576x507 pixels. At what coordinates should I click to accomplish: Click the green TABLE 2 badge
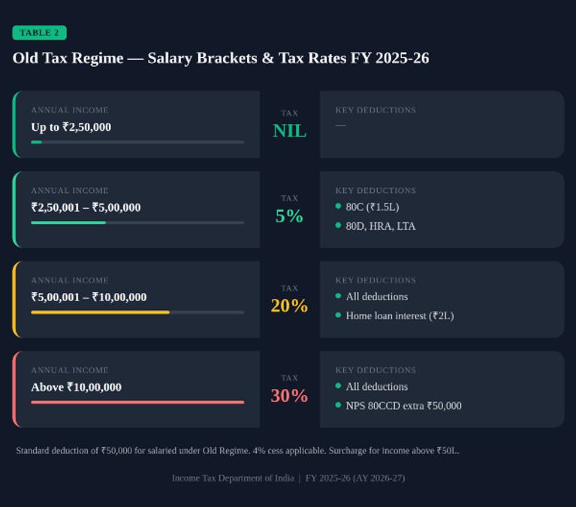pyautogui.click(x=39, y=33)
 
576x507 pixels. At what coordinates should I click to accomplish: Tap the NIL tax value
pyautogui.click(x=289, y=131)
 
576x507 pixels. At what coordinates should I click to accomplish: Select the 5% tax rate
pyautogui.click(x=289, y=216)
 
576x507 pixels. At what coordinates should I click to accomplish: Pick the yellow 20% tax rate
pyautogui.click(x=289, y=306)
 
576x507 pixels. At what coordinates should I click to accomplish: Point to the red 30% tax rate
pyautogui.click(x=289, y=396)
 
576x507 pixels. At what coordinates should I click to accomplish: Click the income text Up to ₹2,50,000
pyautogui.click(x=71, y=127)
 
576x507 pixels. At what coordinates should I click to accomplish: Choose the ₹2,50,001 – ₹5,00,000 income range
pyautogui.click(x=86, y=207)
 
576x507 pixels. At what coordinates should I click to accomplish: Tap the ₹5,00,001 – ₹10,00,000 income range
pyautogui.click(x=89, y=297)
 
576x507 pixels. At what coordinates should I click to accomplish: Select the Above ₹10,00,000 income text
pyautogui.click(x=76, y=388)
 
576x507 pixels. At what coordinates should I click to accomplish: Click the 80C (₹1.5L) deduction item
pyautogui.click(x=372, y=207)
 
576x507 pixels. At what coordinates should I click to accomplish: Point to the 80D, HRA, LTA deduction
pyautogui.click(x=381, y=226)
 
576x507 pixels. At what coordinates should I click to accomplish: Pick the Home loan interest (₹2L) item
pyautogui.click(x=400, y=315)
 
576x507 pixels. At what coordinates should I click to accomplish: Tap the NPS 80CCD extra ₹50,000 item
pyautogui.click(x=403, y=406)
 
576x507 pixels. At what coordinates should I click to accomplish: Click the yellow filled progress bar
pyautogui.click(x=101, y=312)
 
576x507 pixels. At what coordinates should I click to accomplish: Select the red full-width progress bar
pyautogui.click(x=137, y=403)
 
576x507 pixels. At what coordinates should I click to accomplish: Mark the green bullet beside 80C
pyautogui.click(x=339, y=206)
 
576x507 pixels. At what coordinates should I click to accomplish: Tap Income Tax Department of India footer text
pyautogui.click(x=233, y=478)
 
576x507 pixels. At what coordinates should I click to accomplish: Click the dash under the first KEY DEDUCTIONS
pyautogui.click(x=340, y=125)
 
